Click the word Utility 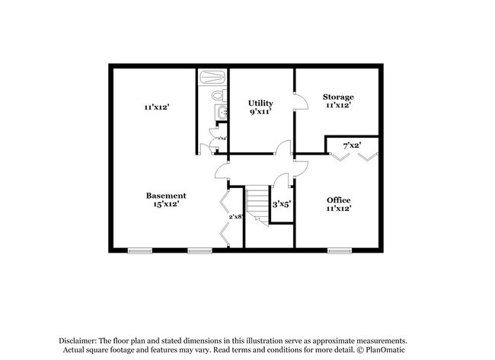point(260,103)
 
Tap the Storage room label point(337,97)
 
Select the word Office point(338,199)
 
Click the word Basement point(166,196)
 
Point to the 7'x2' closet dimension point(351,145)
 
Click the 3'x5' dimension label point(282,203)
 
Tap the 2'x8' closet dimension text point(235,217)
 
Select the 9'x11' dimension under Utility point(260,112)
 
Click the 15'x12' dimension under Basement point(166,205)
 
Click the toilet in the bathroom point(217,96)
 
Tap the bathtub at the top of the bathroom point(212,77)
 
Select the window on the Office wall point(339,250)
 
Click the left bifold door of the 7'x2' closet point(339,156)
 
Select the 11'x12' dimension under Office point(338,208)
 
